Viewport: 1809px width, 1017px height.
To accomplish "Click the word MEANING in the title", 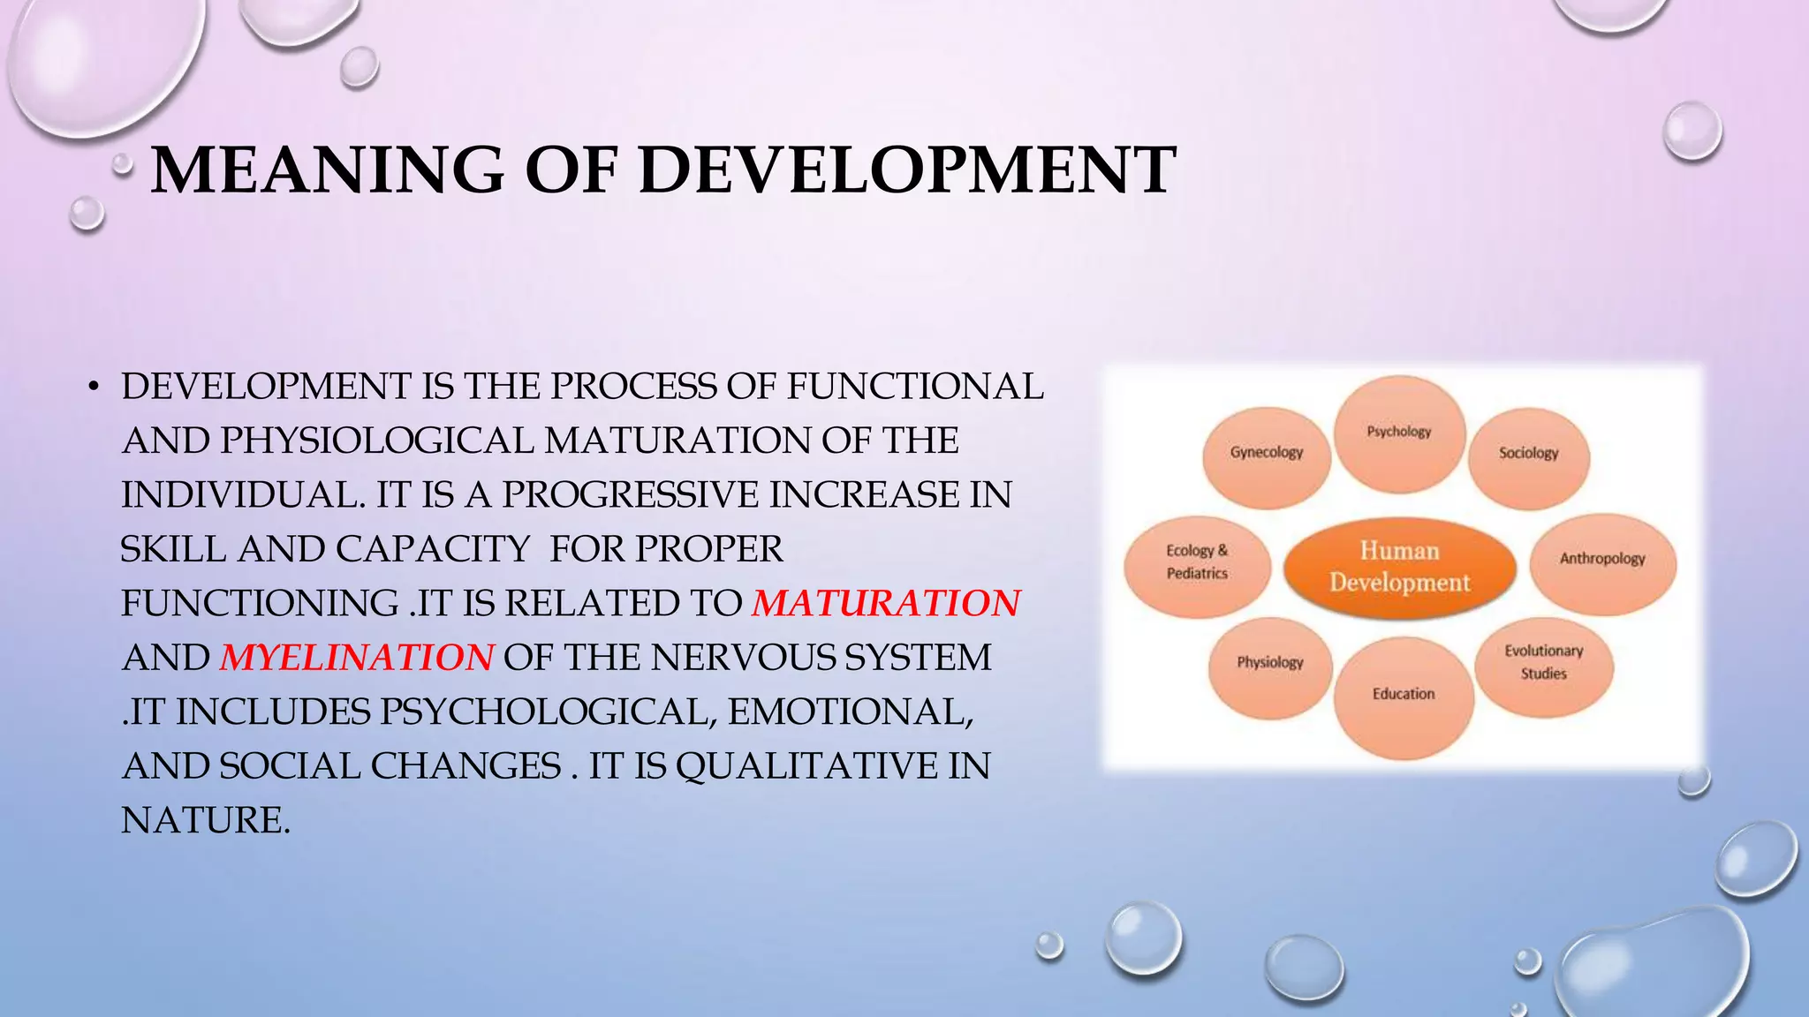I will [327, 169].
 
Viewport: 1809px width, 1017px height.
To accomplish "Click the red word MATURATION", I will [886, 603].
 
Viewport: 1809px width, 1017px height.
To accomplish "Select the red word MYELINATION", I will [357, 658].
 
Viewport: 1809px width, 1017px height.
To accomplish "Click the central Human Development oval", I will [1399, 567].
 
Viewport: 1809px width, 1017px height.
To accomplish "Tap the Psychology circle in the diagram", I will [1399, 433].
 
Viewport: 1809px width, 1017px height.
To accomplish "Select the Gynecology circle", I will [1267, 453].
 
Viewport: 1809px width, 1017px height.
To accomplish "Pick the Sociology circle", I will [1528, 454].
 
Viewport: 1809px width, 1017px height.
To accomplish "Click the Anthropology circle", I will [1602, 559].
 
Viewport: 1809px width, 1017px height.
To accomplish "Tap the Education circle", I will [1404, 695].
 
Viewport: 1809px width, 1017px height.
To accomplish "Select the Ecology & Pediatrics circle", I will [1197, 562].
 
